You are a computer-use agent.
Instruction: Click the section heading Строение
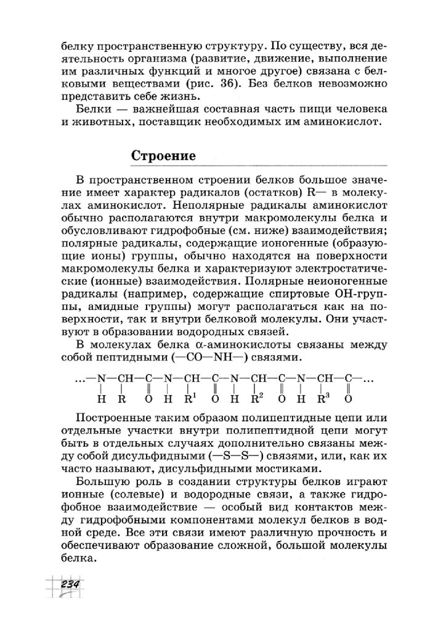pyautogui.click(x=164, y=156)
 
